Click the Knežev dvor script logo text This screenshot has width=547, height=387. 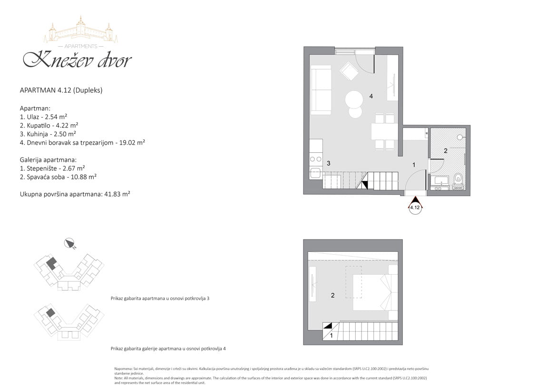click(77, 60)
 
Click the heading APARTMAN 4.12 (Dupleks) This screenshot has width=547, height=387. click(61, 90)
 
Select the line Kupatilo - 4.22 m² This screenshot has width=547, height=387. click(49, 125)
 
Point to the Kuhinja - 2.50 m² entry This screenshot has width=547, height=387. click(48, 134)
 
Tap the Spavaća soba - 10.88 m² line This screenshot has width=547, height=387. click(58, 177)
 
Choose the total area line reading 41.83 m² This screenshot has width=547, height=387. click(75, 194)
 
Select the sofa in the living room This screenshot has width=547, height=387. click(321, 91)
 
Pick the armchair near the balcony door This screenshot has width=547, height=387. click(349, 71)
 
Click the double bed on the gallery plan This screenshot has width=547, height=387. click(375, 292)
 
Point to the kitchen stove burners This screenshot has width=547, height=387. click(316, 159)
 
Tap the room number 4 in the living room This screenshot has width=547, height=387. click(371, 96)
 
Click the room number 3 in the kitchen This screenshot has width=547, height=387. click(329, 163)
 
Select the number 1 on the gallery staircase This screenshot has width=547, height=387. click(332, 336)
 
